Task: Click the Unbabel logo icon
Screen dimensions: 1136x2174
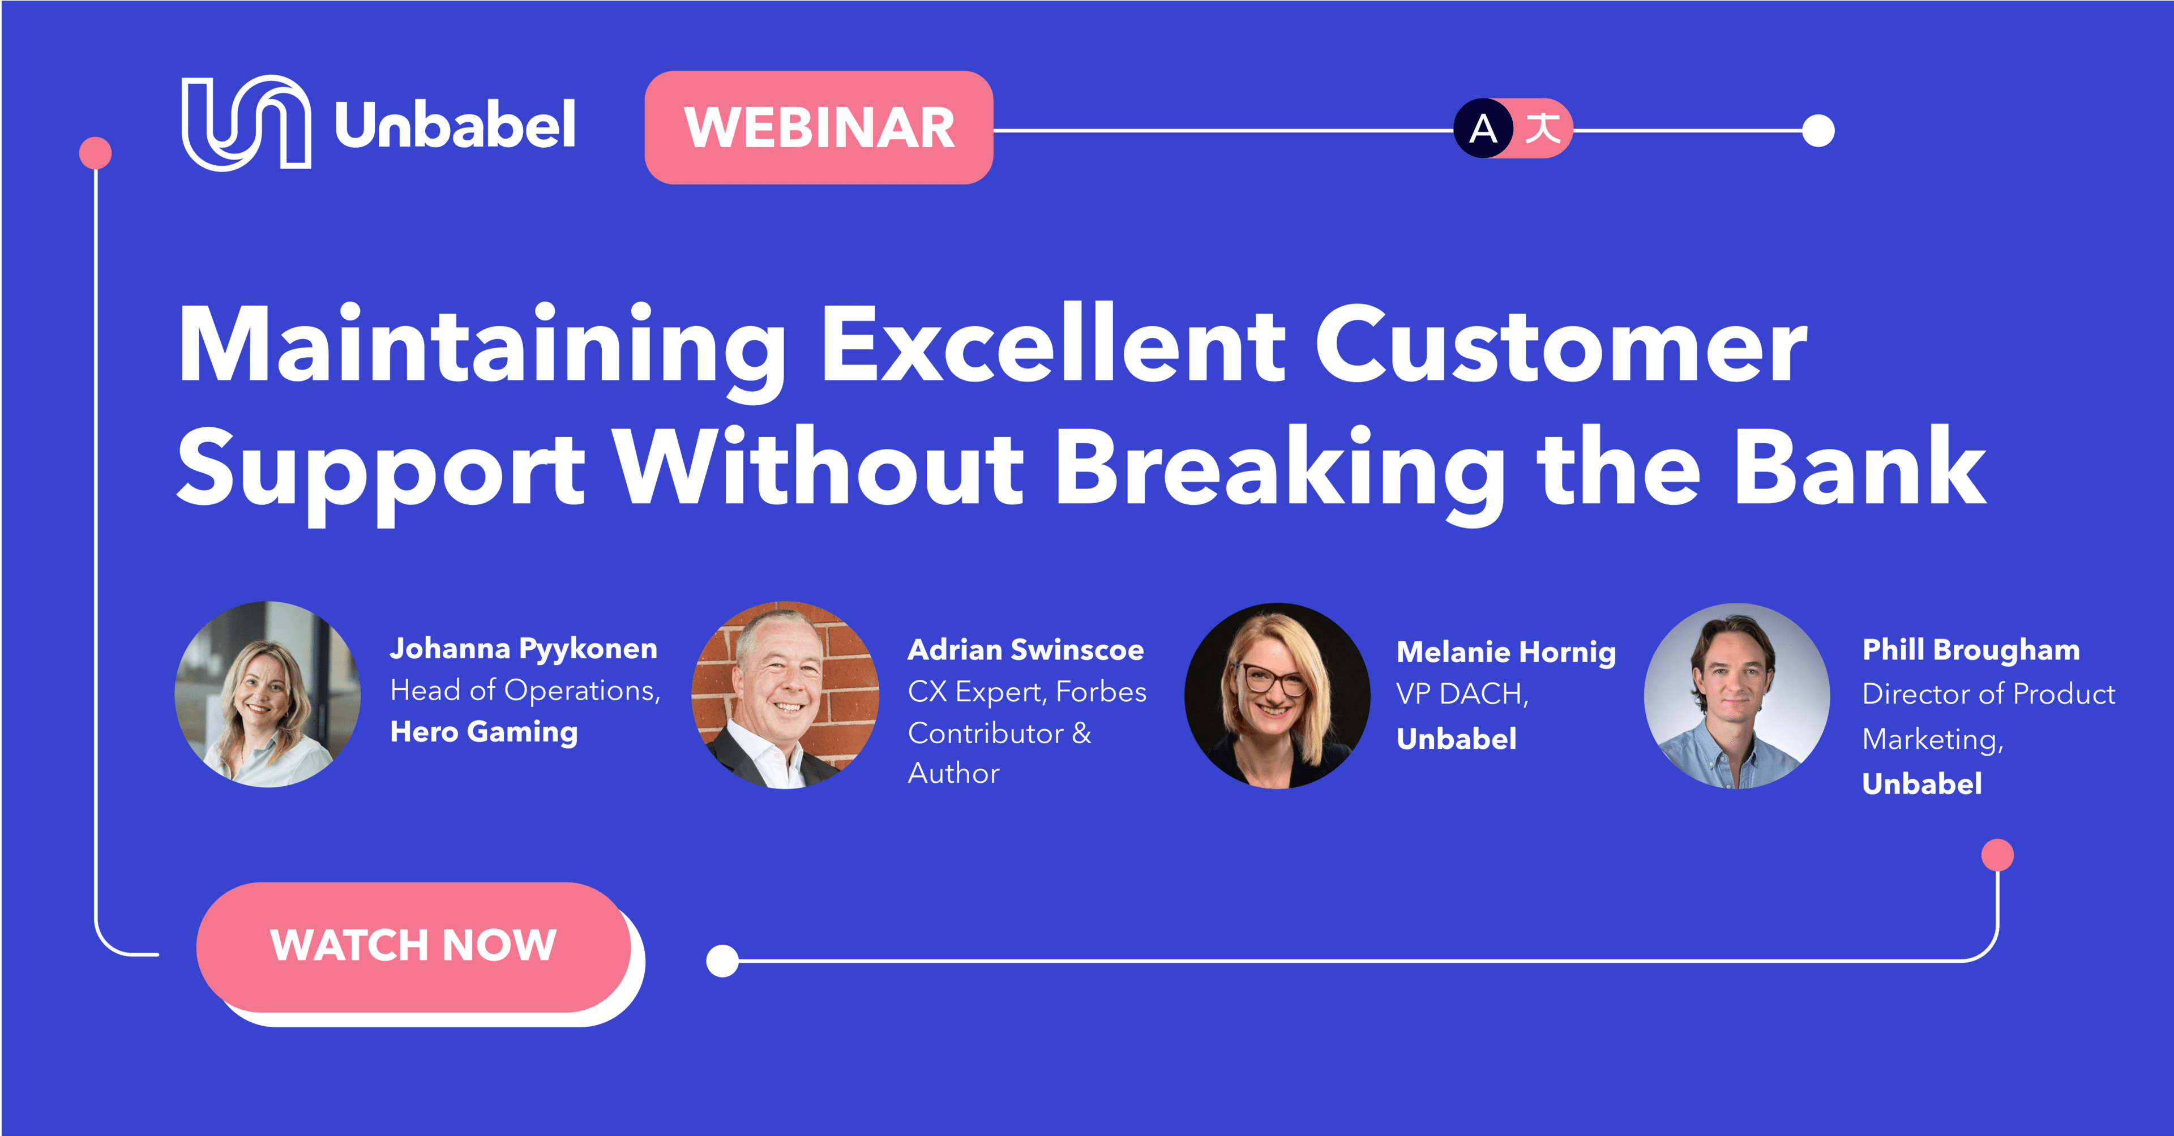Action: (246, 123)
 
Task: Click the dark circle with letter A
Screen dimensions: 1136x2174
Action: (1483, 128)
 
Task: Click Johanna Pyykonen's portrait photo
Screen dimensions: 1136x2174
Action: (268, 695)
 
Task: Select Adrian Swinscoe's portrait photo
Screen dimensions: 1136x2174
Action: (785, 695)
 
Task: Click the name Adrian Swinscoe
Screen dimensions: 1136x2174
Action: (1025, 650)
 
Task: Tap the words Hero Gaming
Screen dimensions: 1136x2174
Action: (483, 732)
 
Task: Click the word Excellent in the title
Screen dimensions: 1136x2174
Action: (1053, 345)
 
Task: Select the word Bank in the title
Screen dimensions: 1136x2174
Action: (1859, 467)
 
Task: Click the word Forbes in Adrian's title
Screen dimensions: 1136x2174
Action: (1101, 692)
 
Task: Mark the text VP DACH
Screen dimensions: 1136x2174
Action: (1461, 694)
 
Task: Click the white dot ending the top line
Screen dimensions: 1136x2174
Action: (1818, 131)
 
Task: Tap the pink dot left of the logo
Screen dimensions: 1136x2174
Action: (95, 153)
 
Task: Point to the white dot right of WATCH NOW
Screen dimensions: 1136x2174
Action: (722, 961)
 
